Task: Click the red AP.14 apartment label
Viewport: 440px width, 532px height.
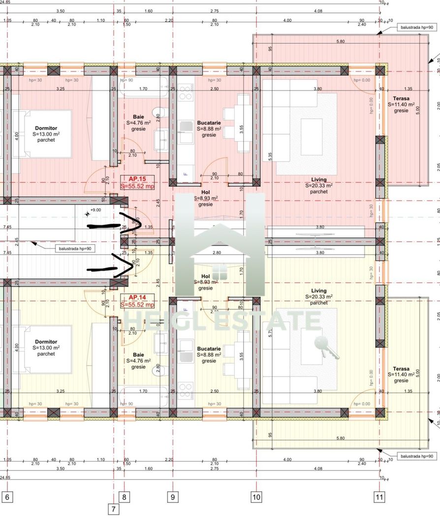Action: click(137, 298)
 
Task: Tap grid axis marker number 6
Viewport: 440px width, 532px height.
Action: click(7, 497)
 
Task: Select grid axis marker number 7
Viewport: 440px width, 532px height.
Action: click(113, 509)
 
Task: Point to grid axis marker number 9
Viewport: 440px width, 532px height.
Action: click(173, 497)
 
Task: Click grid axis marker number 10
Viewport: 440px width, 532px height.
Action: click(256, 497)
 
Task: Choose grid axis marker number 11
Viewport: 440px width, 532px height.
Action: click(379, 497)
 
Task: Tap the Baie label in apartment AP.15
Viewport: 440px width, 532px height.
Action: click(138, 117)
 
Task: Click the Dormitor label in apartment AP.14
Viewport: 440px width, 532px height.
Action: click(46, 341)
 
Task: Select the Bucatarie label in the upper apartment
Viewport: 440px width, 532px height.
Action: click(209, 123)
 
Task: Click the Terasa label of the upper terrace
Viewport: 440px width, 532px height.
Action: click(401, 98)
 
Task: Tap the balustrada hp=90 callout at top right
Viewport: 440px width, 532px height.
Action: click(415, 28)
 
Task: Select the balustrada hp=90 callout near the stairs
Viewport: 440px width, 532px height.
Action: click(74, 249)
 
